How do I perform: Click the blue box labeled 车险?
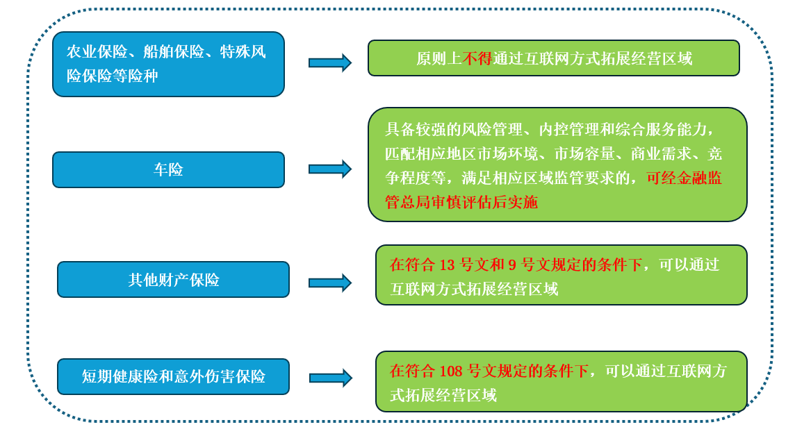pos(168,169)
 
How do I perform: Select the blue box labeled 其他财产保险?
pos(173,280)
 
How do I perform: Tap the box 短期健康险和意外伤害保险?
pos(173,376)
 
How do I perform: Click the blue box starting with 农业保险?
pos(168,64)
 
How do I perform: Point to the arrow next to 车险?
pos(330,169)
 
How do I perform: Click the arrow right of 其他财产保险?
pos(330,283)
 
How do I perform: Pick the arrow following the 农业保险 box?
pos(330,62)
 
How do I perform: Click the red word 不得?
pos(477,58)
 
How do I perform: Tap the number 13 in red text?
pos(447,265)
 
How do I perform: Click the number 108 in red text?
pos(451,371)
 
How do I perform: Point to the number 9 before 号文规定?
pos(512,265)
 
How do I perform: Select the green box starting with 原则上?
pos(553,58)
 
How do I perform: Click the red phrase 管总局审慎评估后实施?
pos(461,202)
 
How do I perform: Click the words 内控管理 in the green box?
pos(569,129)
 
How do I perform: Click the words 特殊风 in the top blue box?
pos(243,52)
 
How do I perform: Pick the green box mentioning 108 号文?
pos(561,381)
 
